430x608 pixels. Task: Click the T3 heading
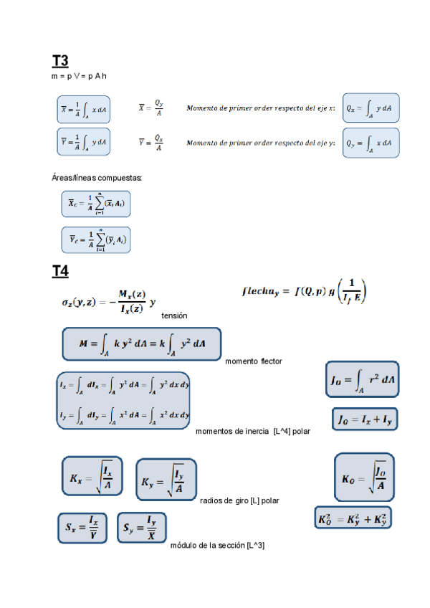click(x=60, y=61)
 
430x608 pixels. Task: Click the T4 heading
click(x=60, y=272)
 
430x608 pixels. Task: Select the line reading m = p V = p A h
click(x=80, y=76)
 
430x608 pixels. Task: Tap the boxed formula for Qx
click(x=371, y=108)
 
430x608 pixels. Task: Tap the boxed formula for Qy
click(x=371, y=143)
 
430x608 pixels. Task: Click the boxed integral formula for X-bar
click(x=84, y=109)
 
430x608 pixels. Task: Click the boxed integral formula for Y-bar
click(x=84, y=142)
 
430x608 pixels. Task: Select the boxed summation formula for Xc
click(x=95, y=204)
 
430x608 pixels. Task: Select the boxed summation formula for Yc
click(x=95, y=239)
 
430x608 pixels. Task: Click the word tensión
click(x=174, y=315)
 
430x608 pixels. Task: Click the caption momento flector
click(x=253, y=361)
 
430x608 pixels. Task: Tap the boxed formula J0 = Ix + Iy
click(x=364, y=419)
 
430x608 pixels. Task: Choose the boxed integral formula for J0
click(x=364, y=379)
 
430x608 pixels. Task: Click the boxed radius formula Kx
click(x=92, y=476)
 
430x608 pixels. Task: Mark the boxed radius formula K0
click(x=364, y=478)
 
